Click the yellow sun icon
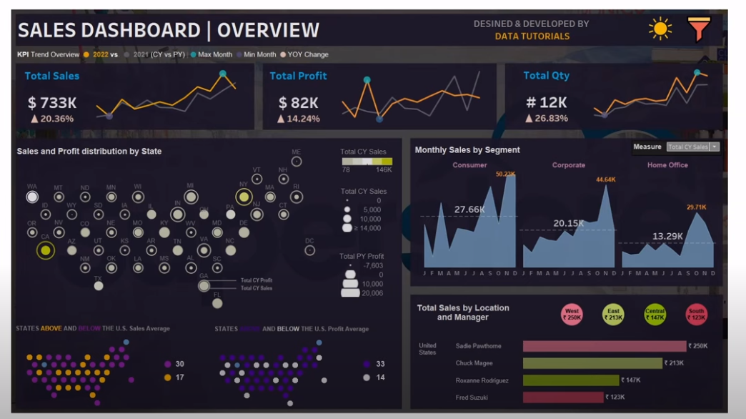pyautogui.click(x=660, y=29)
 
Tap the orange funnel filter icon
pyautogui.click(x=699, y=29)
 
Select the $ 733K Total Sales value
pyautogui.click(x=52, y=103)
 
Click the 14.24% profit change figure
pyautogui.click(x=302, y=119)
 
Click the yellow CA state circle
pyautogui.click(x=46, y=250)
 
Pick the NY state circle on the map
pyautogui.click(x=244, y=197)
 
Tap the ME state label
pyautogui.click(x=297, y=152)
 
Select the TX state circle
pyautogui.click(x=99, y=286)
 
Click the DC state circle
pyautogui.click(x=309, y=250)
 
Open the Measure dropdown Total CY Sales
pyautogui.click(x=692, y=147)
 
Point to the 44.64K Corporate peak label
pyautogui.click(x=605, y=179)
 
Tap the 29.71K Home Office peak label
pyautogui.click(x=696, y=207)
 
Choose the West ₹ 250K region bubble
pyautogui.click(x=572, y=314)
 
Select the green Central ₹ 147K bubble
pyautogui.click(x=655, y=314)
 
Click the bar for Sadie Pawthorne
pyautogui.click(x=604, y=346)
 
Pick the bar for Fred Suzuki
pyautogui.click(x=563, y=397)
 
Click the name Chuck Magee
pyautogui.click(x=474, y=363)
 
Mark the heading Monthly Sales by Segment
pyautogui.click(x=467, y=150)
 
